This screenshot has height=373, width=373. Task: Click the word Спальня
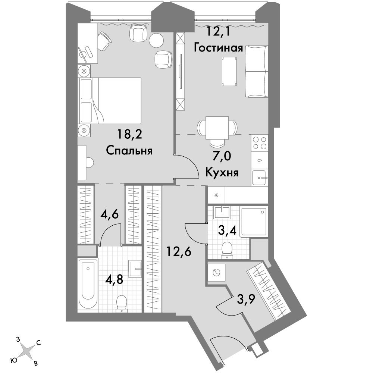coord(129,151)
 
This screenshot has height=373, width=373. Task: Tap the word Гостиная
coord(218,48)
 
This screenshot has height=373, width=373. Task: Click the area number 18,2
coord(130,134)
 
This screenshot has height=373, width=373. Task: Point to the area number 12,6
coord(179,251)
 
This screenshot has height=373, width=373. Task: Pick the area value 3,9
coord(246,299)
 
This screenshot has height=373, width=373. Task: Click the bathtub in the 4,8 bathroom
coord(88,285)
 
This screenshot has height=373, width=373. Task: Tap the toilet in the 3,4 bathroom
coord(227,250)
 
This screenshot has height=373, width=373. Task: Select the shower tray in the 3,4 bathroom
coord(254,222)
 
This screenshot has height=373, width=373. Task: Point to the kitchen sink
coord(260,178)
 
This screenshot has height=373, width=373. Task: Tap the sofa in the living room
coord(257,71)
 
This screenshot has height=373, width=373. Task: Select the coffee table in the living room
coord(229,71)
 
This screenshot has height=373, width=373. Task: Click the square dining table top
coord(217,128)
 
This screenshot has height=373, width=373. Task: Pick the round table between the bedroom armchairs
coord(157,40)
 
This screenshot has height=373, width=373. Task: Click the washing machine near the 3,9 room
coord(217,273)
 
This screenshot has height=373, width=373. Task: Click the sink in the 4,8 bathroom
coord(135,269)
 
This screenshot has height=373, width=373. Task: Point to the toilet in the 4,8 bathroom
coord(122,304)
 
